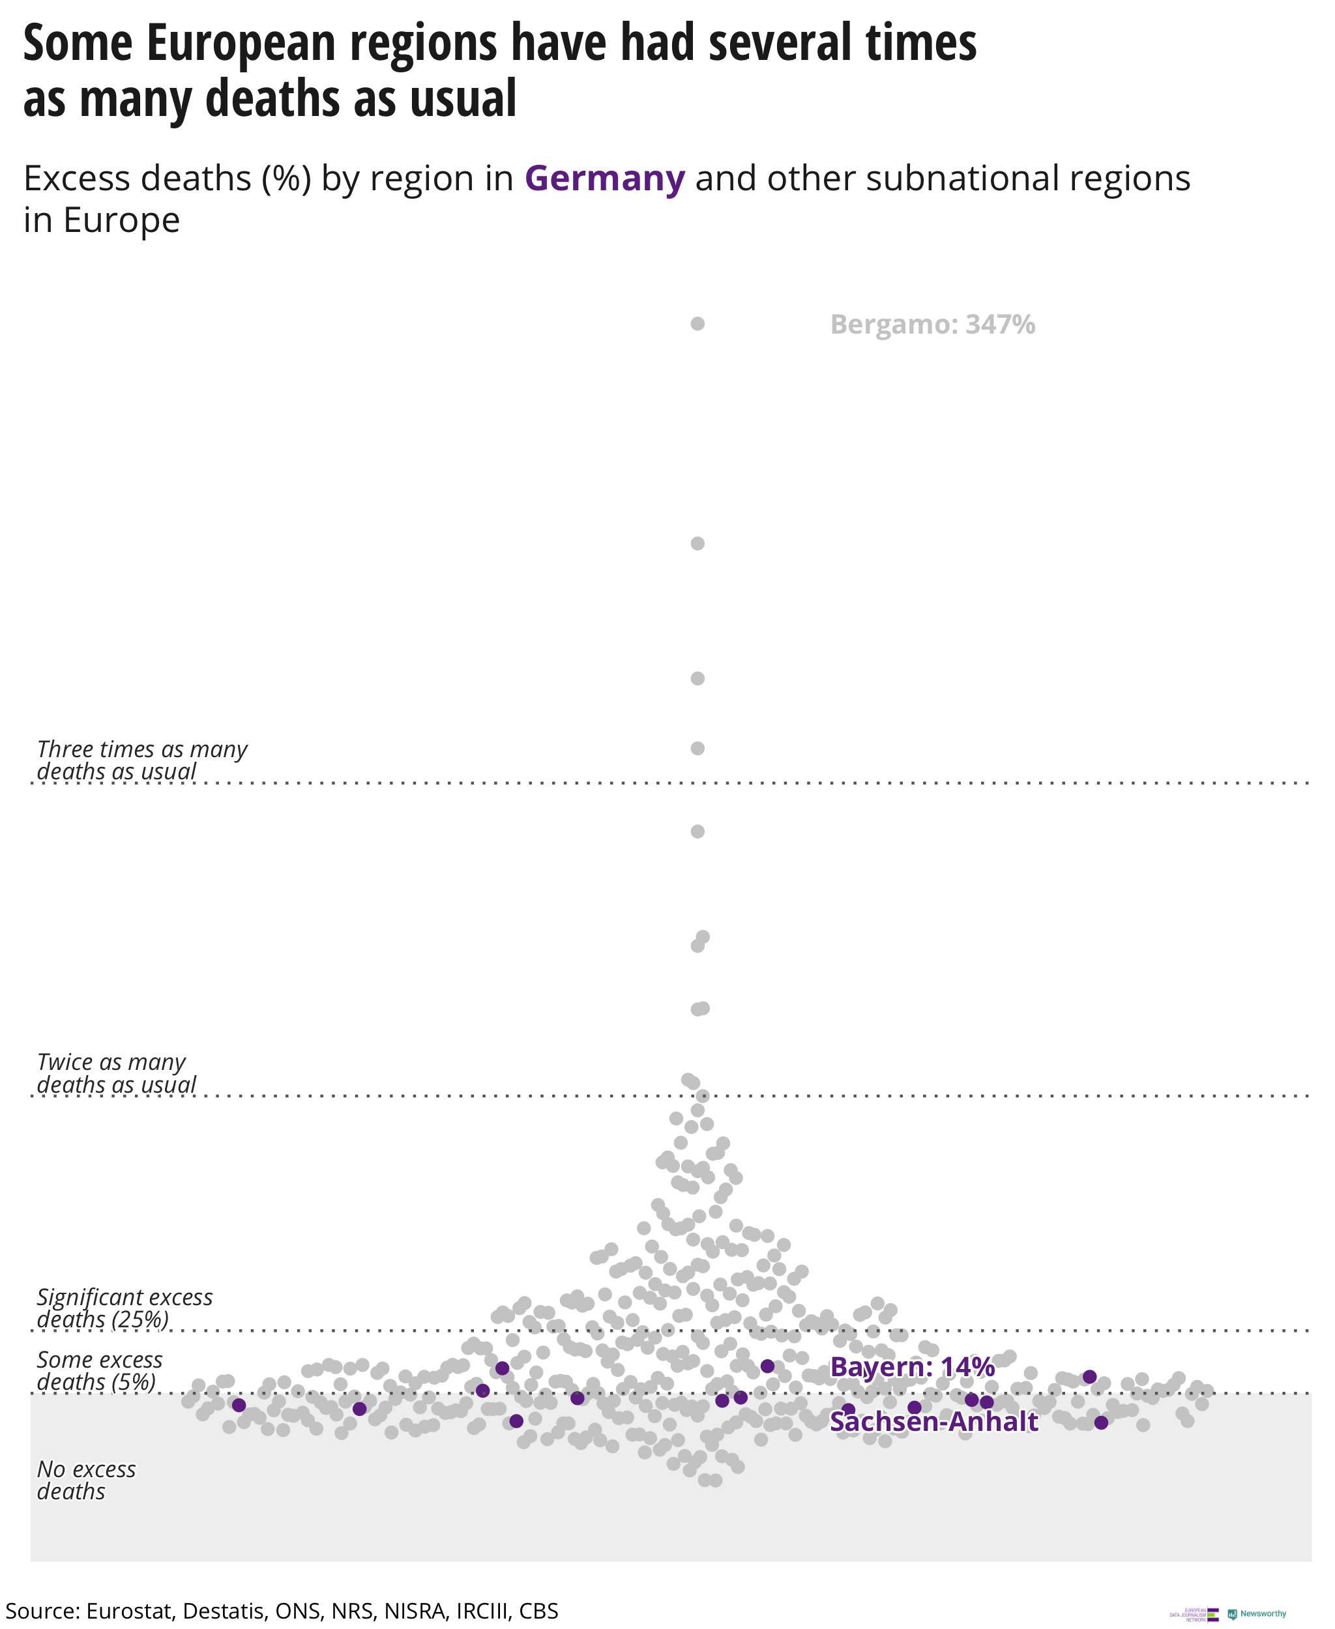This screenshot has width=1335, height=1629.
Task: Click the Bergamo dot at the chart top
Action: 697,324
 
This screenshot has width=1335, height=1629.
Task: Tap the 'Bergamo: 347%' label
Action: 932,324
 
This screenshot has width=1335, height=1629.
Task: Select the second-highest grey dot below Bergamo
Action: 697,543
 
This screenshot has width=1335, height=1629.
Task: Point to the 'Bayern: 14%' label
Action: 912,1367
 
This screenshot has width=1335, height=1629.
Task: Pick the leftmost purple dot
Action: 239,1406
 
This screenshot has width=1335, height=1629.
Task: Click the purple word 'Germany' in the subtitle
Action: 604,179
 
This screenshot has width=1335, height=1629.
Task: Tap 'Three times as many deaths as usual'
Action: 141,760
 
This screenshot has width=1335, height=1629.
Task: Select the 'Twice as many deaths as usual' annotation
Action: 115,1073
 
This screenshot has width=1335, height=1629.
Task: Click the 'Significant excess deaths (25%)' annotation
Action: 125,1308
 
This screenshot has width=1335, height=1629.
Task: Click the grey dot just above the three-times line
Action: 697,748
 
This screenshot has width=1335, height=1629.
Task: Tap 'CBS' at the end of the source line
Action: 538,1611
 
